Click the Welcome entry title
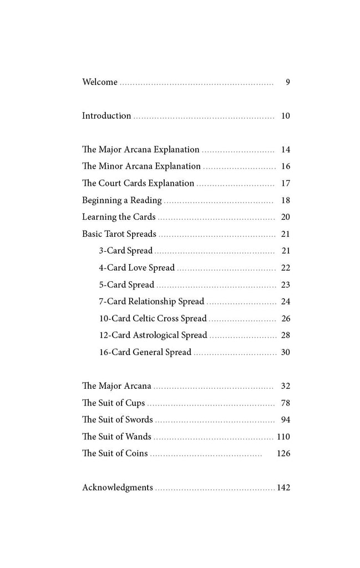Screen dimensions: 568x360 [100, 82]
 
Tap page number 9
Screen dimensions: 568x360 [288, 82]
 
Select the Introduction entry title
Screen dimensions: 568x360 [107, 116]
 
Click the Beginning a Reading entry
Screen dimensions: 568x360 [122, 200]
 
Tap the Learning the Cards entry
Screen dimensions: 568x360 [119, 217]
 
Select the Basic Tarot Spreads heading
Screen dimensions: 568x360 [119, 234]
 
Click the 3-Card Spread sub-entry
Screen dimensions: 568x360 [126, 251]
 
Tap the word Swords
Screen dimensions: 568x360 [138, 420]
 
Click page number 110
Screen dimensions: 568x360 [283, 437]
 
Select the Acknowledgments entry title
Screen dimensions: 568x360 [118, 488]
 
